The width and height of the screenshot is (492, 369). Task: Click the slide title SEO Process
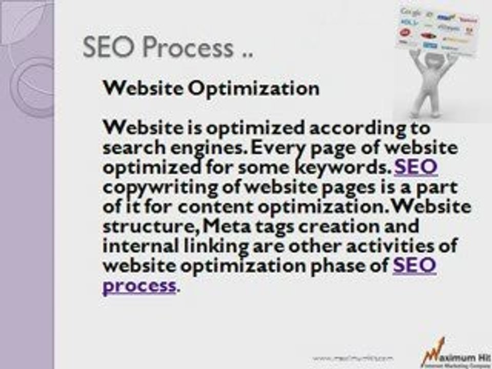click(168, 48)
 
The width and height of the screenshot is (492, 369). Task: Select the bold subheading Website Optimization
click(211, 88)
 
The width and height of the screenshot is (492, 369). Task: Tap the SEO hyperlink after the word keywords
click(416, 167)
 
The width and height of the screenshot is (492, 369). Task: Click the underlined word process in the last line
click(139, 285)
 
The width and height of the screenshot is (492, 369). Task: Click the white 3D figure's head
click(435, 60)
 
